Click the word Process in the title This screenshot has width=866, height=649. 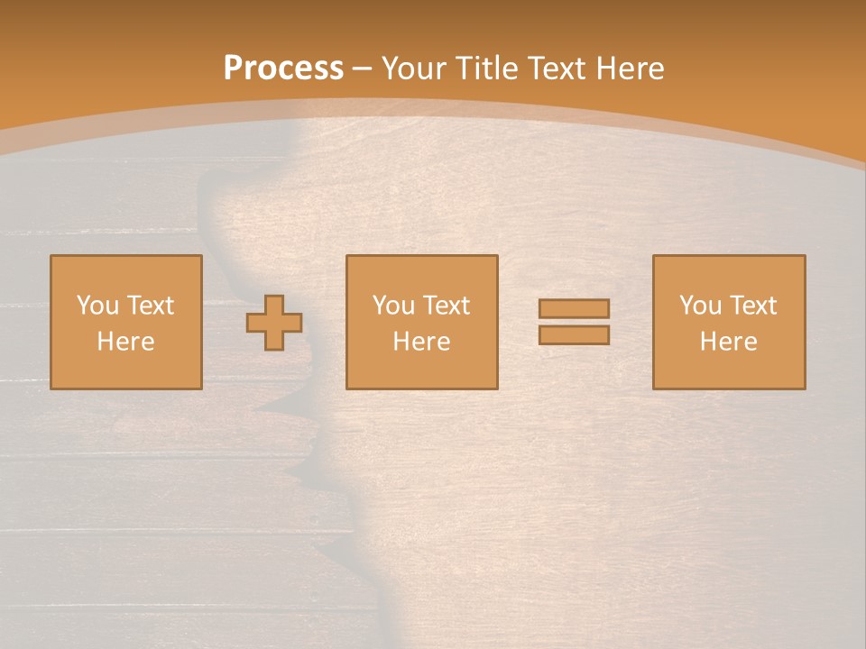tap(283, 69)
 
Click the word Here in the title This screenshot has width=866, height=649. tap(631, 69)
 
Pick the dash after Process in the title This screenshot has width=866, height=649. tap(362, 69)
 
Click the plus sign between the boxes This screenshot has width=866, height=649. tap(275, 322)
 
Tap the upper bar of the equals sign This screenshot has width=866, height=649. tap(574, 308)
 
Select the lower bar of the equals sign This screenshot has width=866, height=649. tap(574, 335)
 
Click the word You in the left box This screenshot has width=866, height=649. tap(97, 306)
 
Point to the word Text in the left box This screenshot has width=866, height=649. tap(150, 306)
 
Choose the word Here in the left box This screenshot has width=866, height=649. tap(125, 342)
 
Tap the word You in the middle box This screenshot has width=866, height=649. tap(393, 306)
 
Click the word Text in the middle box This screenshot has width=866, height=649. tap(446, 306)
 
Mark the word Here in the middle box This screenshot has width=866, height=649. tap(421, 342)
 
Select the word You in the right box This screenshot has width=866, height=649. tap(700, 306)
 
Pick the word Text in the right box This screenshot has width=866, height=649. tap(752, 306)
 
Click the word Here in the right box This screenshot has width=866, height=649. tap(728, 342)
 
